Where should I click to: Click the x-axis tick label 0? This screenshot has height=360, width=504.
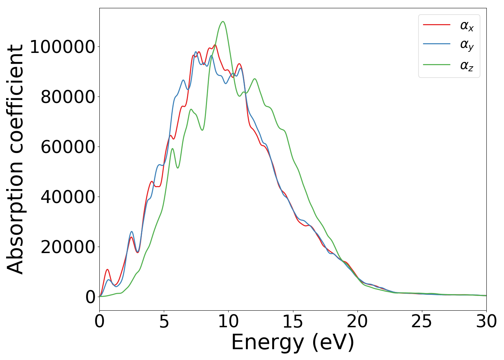pyautogui.click(x=99, y=321)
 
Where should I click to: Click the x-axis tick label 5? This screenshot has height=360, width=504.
pyautogui.click(x=164, y=321)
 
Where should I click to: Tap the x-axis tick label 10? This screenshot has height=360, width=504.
pyautogui.click(x=228, y=321)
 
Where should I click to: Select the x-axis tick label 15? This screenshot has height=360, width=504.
pyautogui.click(x=293, y=321)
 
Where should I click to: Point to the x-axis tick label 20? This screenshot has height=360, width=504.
pyautogui.click(x=357, y=321)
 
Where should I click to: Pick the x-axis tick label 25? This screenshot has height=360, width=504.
pyautogui.click(x=422, y=321)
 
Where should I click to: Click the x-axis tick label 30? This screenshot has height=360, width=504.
pyautogui.click(x=486, y=321)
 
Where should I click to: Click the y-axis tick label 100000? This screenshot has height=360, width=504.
pyautogui.click(x=62, y=47)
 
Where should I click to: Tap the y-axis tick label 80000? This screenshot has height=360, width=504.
pyautogui.click(x=68, y=97)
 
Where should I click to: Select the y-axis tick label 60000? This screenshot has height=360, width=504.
pyautogui.click(x=68, y=147)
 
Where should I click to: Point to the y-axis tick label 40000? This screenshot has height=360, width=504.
pyautogui.click(x=68, y=197)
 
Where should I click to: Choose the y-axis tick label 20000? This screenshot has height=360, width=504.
pyautogui.click(x=68, y=247)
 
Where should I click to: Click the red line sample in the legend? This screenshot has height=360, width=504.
pyautogui.click(x=437, y=25)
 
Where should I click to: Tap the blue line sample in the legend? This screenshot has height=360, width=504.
pyautogui.click(x=437, y=44)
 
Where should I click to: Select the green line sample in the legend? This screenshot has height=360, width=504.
pyautogui.click(x=437, y=65)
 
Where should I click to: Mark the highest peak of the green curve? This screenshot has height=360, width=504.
pyautogui.click(x=223, y=22)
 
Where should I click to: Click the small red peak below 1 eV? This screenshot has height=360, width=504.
pyautogui.click(x=107, y=269)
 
